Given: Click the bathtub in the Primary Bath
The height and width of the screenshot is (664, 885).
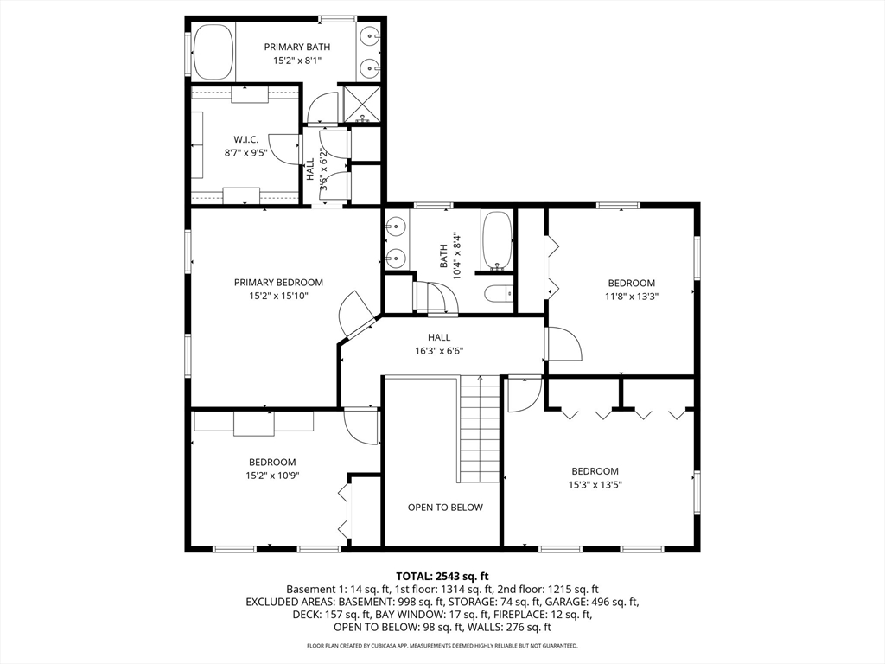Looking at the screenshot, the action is tap(213, 52).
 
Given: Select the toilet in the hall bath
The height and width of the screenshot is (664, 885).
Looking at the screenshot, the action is tap(499, 294).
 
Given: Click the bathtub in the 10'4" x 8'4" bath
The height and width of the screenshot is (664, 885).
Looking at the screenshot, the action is tap(497, 240).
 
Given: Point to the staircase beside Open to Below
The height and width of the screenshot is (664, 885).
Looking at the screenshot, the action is tap(478, 429).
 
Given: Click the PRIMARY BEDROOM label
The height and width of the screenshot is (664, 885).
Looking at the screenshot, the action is tap(279, 283).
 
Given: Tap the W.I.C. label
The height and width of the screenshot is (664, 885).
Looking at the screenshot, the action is tap(246, 139).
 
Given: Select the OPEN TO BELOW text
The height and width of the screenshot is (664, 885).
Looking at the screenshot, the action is tap(445, 507).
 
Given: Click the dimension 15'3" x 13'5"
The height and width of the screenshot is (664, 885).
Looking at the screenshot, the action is tap(595, 484).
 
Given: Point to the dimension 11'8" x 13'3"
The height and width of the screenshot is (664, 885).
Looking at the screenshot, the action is tap(632, 296).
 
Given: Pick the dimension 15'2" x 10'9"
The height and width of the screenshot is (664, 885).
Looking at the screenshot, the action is tap(272, 476).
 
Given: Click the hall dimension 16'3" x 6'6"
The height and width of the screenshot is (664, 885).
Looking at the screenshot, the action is tap(439, 351).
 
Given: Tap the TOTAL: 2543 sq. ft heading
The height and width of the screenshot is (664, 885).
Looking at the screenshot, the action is tap(442, 577).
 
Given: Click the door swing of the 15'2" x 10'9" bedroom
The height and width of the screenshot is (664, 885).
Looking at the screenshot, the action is tap(360, 425).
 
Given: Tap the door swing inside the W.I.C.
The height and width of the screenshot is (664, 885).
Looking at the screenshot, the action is tap(285, 149).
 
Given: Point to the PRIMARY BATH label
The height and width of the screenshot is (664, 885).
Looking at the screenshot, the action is tap(297, 47).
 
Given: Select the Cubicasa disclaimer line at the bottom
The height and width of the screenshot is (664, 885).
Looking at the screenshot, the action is tap(442, 645).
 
